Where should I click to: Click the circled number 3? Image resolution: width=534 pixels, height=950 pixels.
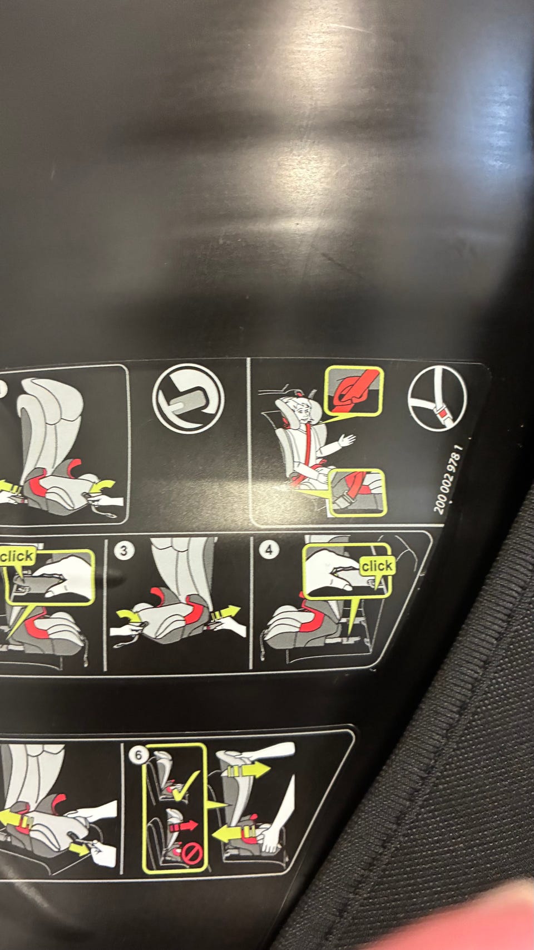pyautogui.click(x=123, y=550)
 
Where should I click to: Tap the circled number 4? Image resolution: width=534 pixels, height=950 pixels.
pyautogui.click(x=269, y=550)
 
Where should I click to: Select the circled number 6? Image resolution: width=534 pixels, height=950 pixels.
pyautogui.click(x=138, y=755)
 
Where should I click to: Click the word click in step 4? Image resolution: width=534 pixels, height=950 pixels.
pyautogui.click(x=377, y=566)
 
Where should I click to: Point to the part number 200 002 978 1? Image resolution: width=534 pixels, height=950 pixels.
pyautogui.click(x=448, y=479)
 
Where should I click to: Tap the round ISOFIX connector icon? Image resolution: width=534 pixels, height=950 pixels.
pyautogui.click(x=188, y=399)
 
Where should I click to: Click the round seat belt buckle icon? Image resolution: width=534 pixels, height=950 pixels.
pyautogui.click(x=437, y=399)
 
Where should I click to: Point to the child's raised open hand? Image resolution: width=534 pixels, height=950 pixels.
pyautogui.click(x=347, y=441)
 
